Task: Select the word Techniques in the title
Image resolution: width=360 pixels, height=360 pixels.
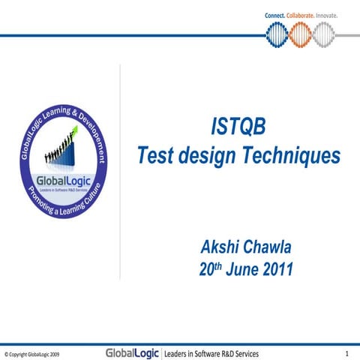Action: (x=293, y=156)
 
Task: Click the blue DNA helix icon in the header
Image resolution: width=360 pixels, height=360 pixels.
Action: (x=277, y=34)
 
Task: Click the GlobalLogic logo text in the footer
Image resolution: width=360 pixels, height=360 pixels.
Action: (x=132, y=352)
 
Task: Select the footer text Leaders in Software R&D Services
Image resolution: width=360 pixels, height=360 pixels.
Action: (x=211, y=352)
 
